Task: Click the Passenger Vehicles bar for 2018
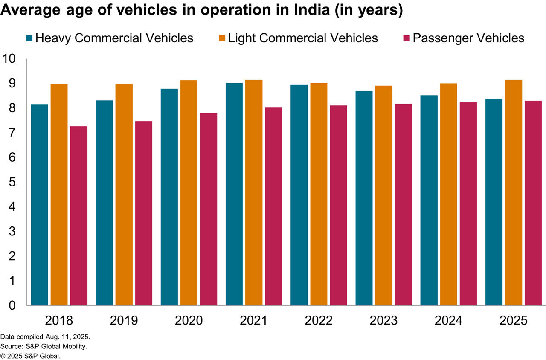coord(78,216)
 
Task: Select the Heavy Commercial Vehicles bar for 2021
coord(234,194)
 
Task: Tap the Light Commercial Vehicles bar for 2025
coord(513,192)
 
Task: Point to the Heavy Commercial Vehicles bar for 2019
coord(105,203)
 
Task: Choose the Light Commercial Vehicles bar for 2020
coord(189,192)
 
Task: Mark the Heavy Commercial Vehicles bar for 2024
coord(429,200)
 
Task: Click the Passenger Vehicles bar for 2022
coord(338,205)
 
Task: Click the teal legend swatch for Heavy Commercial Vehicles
coord(29,38)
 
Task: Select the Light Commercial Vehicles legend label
coord(303,38)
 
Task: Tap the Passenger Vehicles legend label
coord(468,38)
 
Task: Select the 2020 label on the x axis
coord(189,321)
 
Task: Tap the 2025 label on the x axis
coord(513,321)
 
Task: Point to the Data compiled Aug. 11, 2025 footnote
coord(45,337)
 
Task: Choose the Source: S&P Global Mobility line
coord(44,346)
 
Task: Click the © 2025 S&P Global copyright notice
coord(30,356)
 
